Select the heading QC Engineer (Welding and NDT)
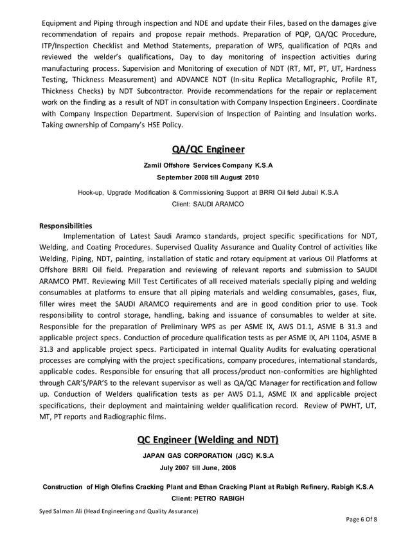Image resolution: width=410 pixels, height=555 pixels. [208, 440]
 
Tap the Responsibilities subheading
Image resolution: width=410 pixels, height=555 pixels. [66, 226]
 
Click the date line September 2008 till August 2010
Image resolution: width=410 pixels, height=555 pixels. [208, 177]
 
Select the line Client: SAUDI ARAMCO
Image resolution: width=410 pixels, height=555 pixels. [208, 203]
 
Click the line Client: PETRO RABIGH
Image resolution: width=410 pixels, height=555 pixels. [208, 498]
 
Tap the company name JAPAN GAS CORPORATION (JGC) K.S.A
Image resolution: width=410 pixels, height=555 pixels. [208, 456]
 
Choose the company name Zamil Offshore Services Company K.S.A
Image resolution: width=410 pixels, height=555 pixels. [208, 165]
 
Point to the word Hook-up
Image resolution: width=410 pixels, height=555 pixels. [91, 192]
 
